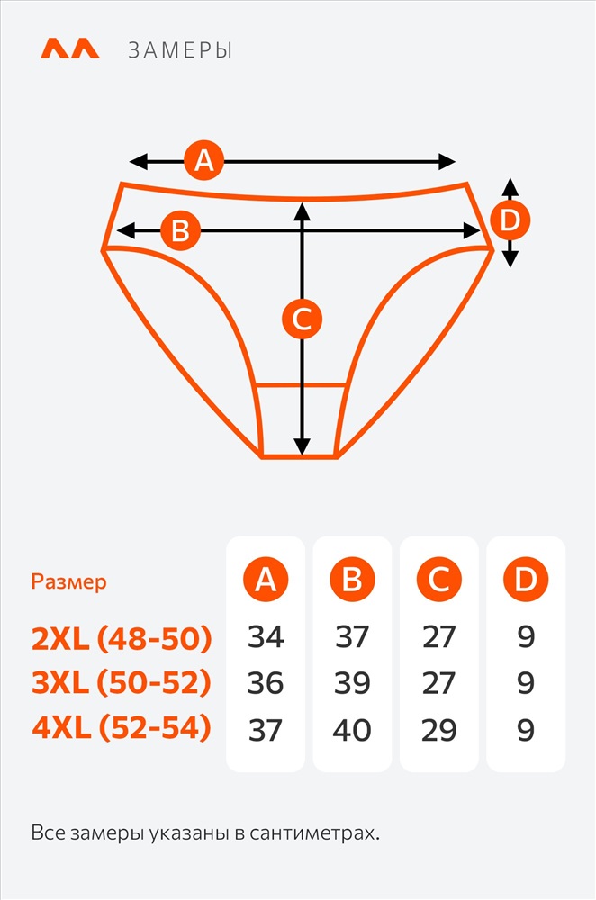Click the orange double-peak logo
point(70,49)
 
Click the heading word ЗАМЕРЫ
point(180,50)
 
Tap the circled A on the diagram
point(203,160)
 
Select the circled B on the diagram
point(180,230)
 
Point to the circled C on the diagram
point(302,319)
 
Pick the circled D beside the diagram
point(510,220)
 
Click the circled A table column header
point(266,579)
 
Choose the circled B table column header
point(352,579)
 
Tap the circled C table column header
point(439,579)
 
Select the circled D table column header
point(526,579)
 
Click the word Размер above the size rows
point(69,582)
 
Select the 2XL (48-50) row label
point(122,638)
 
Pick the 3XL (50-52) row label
point(122,683)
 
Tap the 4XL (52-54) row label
point(122,728)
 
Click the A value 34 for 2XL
point(266,637)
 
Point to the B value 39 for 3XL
point(352,683)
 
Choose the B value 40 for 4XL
point(352,730)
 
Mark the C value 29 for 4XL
point(439,730)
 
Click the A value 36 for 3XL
point(266,683)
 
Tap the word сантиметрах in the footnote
point(314,832)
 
